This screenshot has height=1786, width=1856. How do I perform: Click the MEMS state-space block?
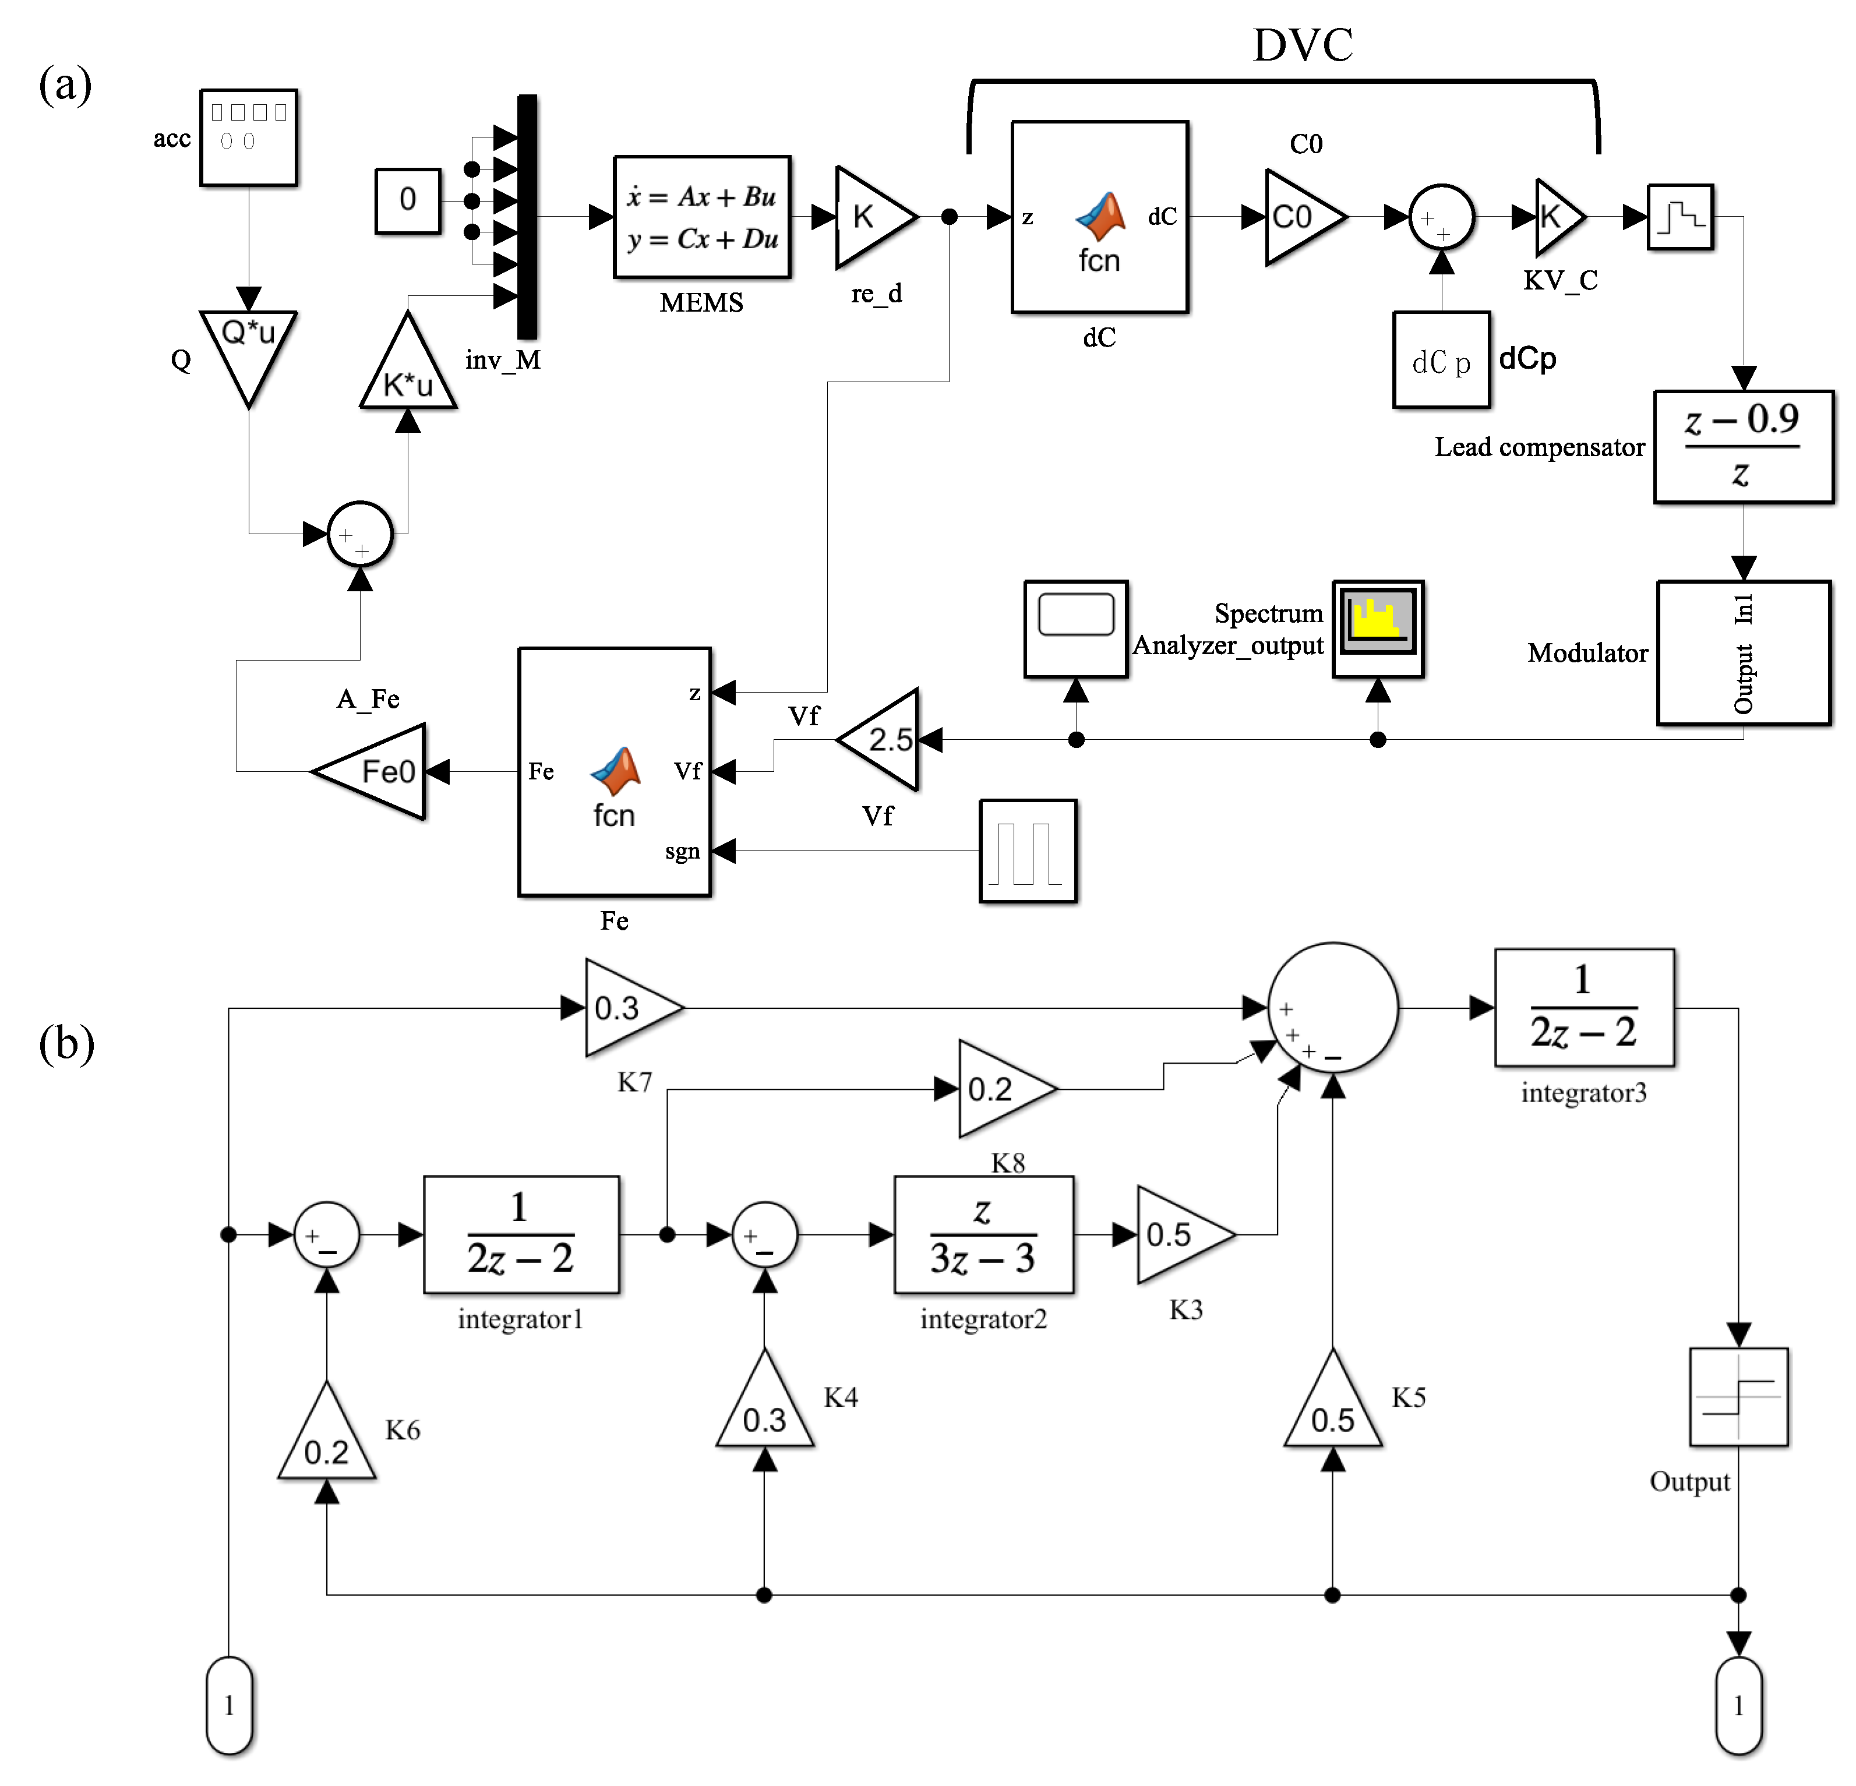click(x=702, y=217)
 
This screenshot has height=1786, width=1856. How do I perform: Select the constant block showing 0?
click(x=407, y=200)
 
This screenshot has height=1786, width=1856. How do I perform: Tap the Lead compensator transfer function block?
click(x=1742, y=446)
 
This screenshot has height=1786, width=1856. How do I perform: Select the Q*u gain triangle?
click(x=248, y=350)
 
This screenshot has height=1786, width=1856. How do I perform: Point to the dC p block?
click(x=1440, y=360)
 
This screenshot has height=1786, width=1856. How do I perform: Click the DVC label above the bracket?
click(x=1302, y=44)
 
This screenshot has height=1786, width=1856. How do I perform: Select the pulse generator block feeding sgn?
click(x=1028, y=850)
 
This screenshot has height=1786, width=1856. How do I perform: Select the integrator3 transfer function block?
click(x=1583, y=1008)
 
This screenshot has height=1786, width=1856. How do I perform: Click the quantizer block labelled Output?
click(x=1738, y=1396)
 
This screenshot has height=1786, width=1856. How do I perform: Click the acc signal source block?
click(x=248, y=137)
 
